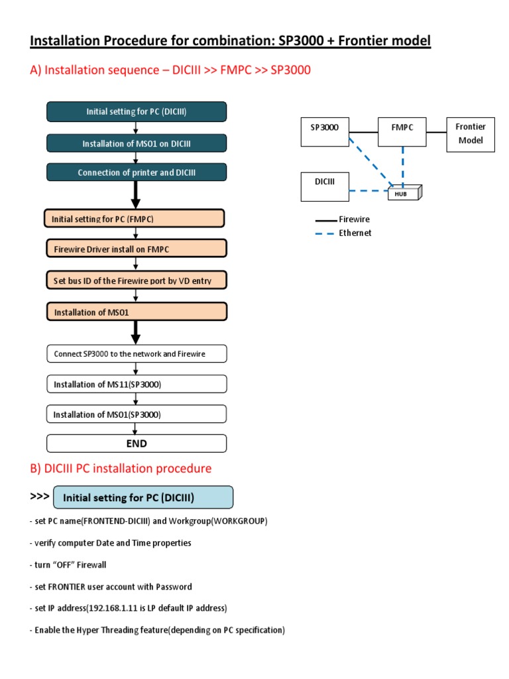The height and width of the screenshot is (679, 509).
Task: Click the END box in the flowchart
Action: click(137, 443)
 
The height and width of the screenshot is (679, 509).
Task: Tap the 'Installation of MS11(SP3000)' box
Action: click(137, 384)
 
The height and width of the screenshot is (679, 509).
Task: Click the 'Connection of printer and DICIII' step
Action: click(137, 172)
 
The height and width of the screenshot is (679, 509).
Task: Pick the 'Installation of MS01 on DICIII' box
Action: click(137, 143)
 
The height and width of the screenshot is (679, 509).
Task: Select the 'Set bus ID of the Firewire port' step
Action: click(136, 280)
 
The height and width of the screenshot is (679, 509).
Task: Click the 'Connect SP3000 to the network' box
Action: click(137, 353)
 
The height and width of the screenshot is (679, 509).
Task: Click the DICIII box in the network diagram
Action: click(325, 187)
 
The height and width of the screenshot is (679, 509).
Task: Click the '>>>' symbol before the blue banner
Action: click(40, 496)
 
